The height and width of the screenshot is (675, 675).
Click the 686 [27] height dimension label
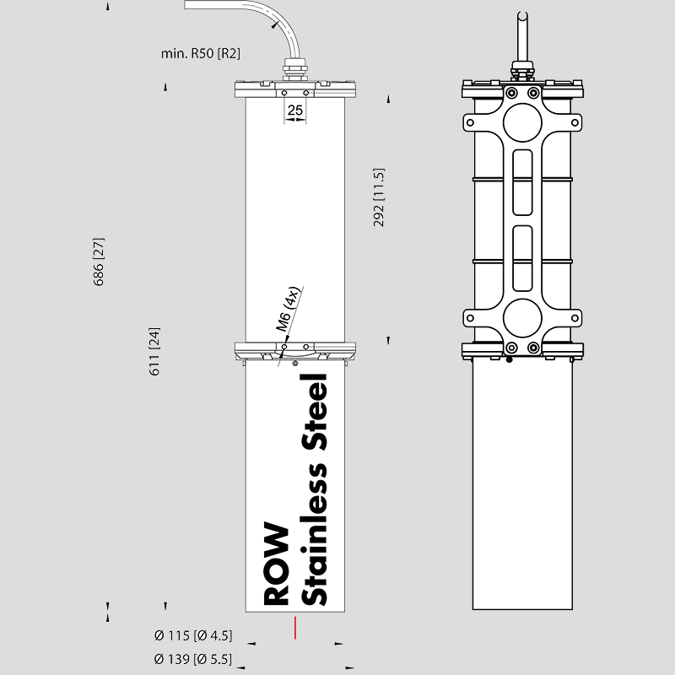coord(99,262)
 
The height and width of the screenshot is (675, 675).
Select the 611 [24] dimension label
coord(154,351)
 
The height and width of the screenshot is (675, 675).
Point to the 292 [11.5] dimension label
coord(378,197)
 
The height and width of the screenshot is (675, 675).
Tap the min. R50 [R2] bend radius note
coord(201,53)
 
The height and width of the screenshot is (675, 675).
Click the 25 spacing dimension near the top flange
coord(294,111)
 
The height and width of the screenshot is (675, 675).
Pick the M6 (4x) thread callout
coord(287,309)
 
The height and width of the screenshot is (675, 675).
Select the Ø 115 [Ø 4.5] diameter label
coord(193,635)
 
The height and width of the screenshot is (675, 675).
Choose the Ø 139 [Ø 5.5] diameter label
coord(193,659)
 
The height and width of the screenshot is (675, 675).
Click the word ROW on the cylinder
coord(276,564)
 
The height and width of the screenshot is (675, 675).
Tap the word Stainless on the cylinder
coord(314,534)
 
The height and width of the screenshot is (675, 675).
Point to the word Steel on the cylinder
coord(314,413)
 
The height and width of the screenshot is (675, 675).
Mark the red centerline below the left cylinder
coord(294,628)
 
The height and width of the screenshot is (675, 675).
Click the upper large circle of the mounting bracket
coord(522,122)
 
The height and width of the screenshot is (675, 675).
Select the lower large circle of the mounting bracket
coord(522,318)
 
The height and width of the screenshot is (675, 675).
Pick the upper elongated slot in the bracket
coord(522,182)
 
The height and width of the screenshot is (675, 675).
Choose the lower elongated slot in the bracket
coord(522,258)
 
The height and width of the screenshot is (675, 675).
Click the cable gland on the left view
coord(294,71)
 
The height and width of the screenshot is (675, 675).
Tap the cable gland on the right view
coord(522,71)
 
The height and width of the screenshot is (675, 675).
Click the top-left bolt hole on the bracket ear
coord(470,122)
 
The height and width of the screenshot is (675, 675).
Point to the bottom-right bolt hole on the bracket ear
coord(575,318)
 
